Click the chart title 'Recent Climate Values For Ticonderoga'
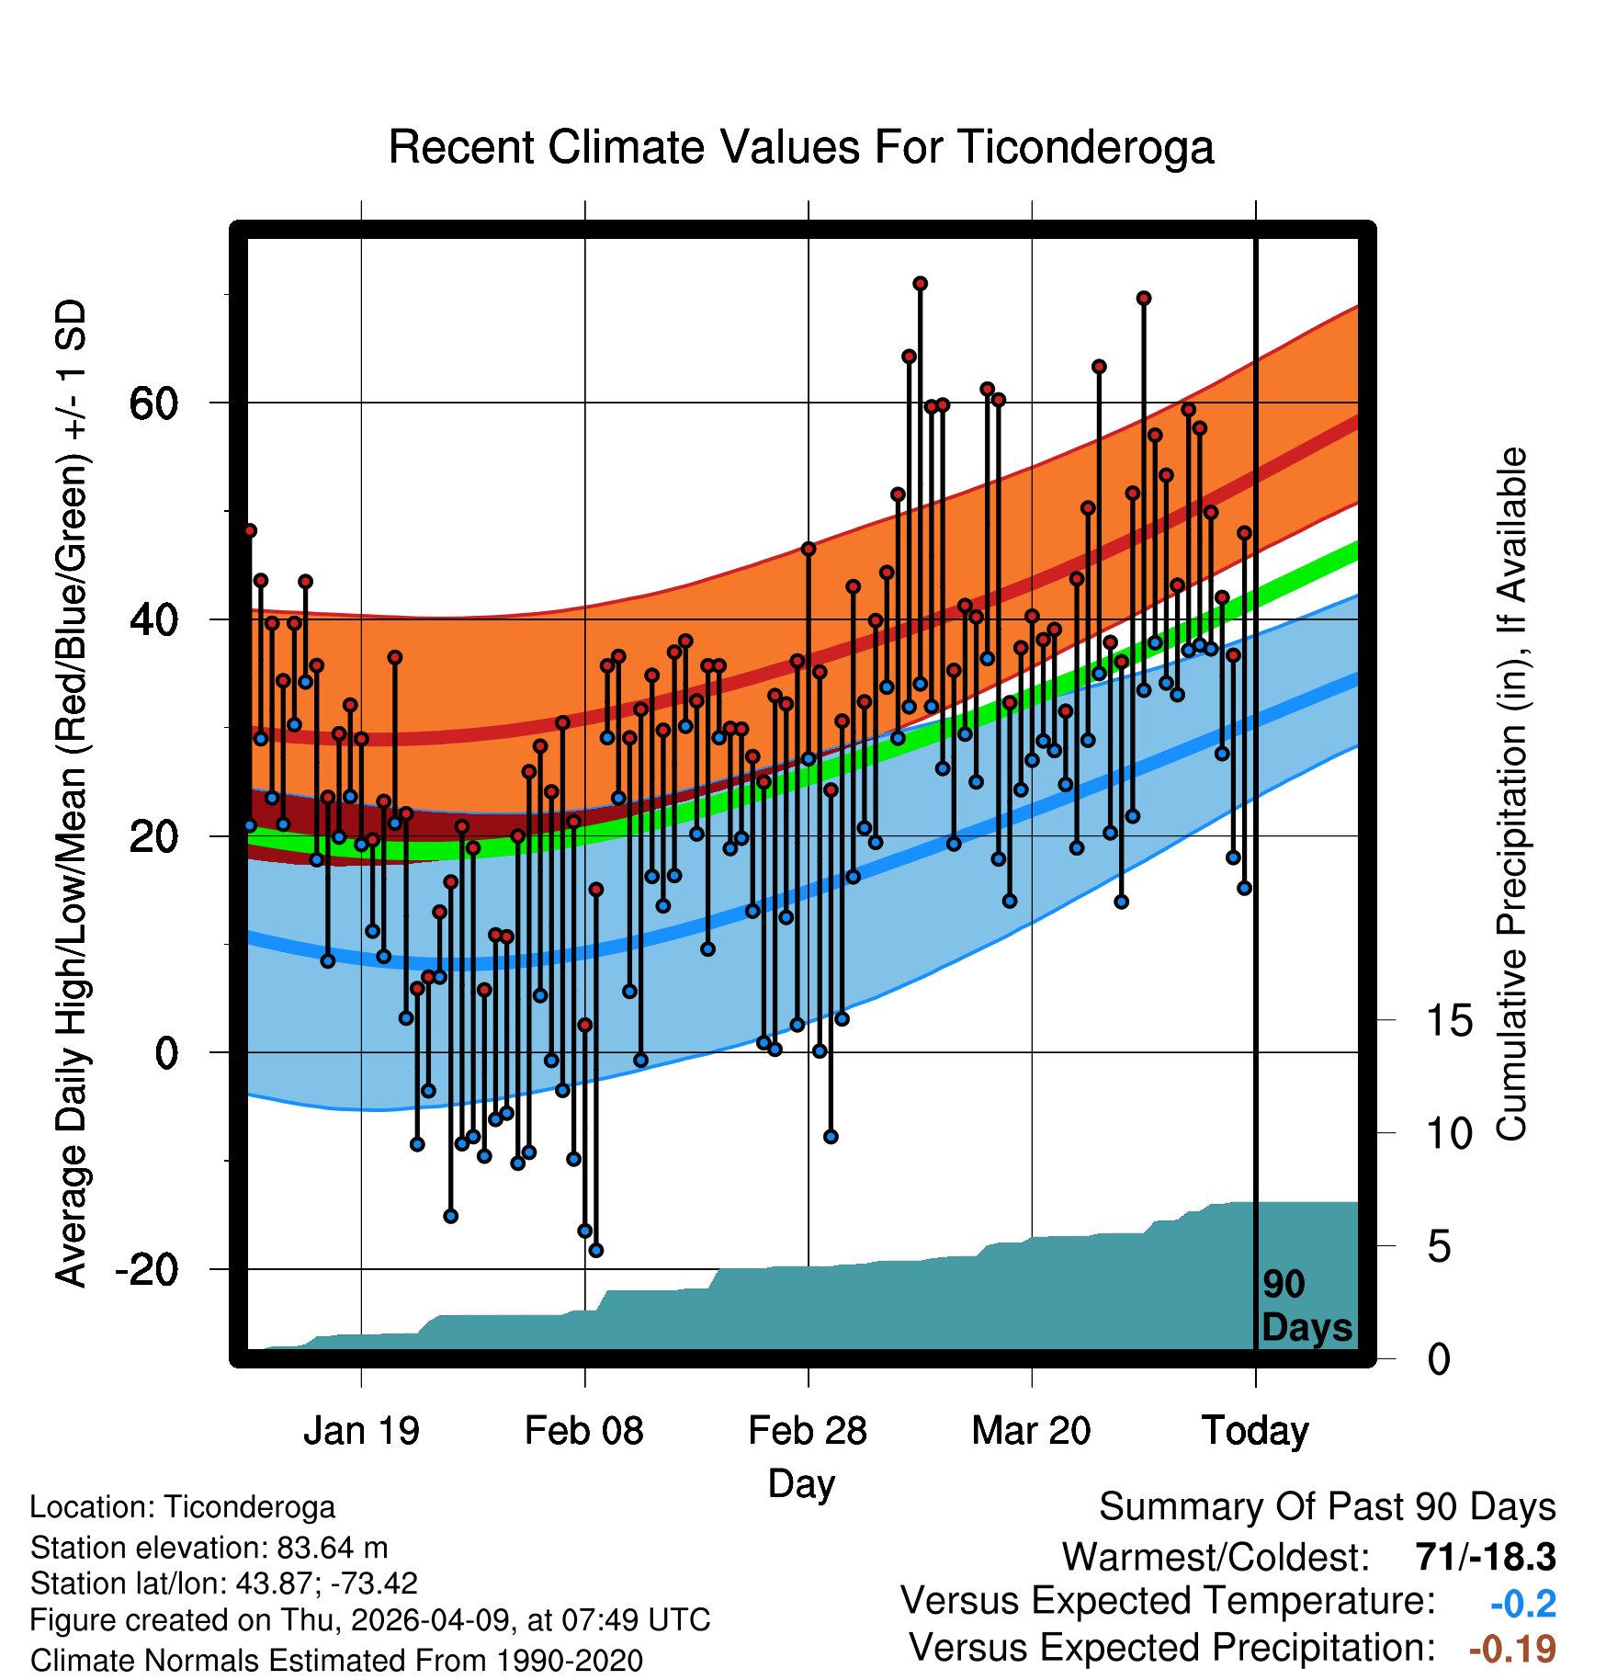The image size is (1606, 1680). coord(801,147)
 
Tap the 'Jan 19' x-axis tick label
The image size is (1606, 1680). coord(361,1430)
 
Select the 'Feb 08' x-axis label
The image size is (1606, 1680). coord(584,1430)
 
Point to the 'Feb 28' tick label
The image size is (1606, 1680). coord(808,1430)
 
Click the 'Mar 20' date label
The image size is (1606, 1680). coord(1031,1430)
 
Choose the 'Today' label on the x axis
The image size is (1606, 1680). coord(1255,1431)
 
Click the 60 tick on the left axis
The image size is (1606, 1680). coord(154,403)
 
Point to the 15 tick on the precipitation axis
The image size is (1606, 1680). coord(1449,1020)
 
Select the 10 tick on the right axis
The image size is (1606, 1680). coord(1449,1133)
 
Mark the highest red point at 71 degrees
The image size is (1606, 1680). coord(920,283)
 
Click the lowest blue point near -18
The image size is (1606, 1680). coord(595,1250)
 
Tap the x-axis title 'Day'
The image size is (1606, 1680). coord(801,1484)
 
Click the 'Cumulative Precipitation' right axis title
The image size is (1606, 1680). coord(1511,794)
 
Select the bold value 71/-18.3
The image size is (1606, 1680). coord(1486,1557)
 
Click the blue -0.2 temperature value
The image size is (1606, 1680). coord(1523,1604)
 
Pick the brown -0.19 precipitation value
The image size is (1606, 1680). coord(1512,1649)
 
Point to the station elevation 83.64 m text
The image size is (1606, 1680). coord(209,1548)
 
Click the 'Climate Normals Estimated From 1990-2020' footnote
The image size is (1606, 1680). coord(336,1661)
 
